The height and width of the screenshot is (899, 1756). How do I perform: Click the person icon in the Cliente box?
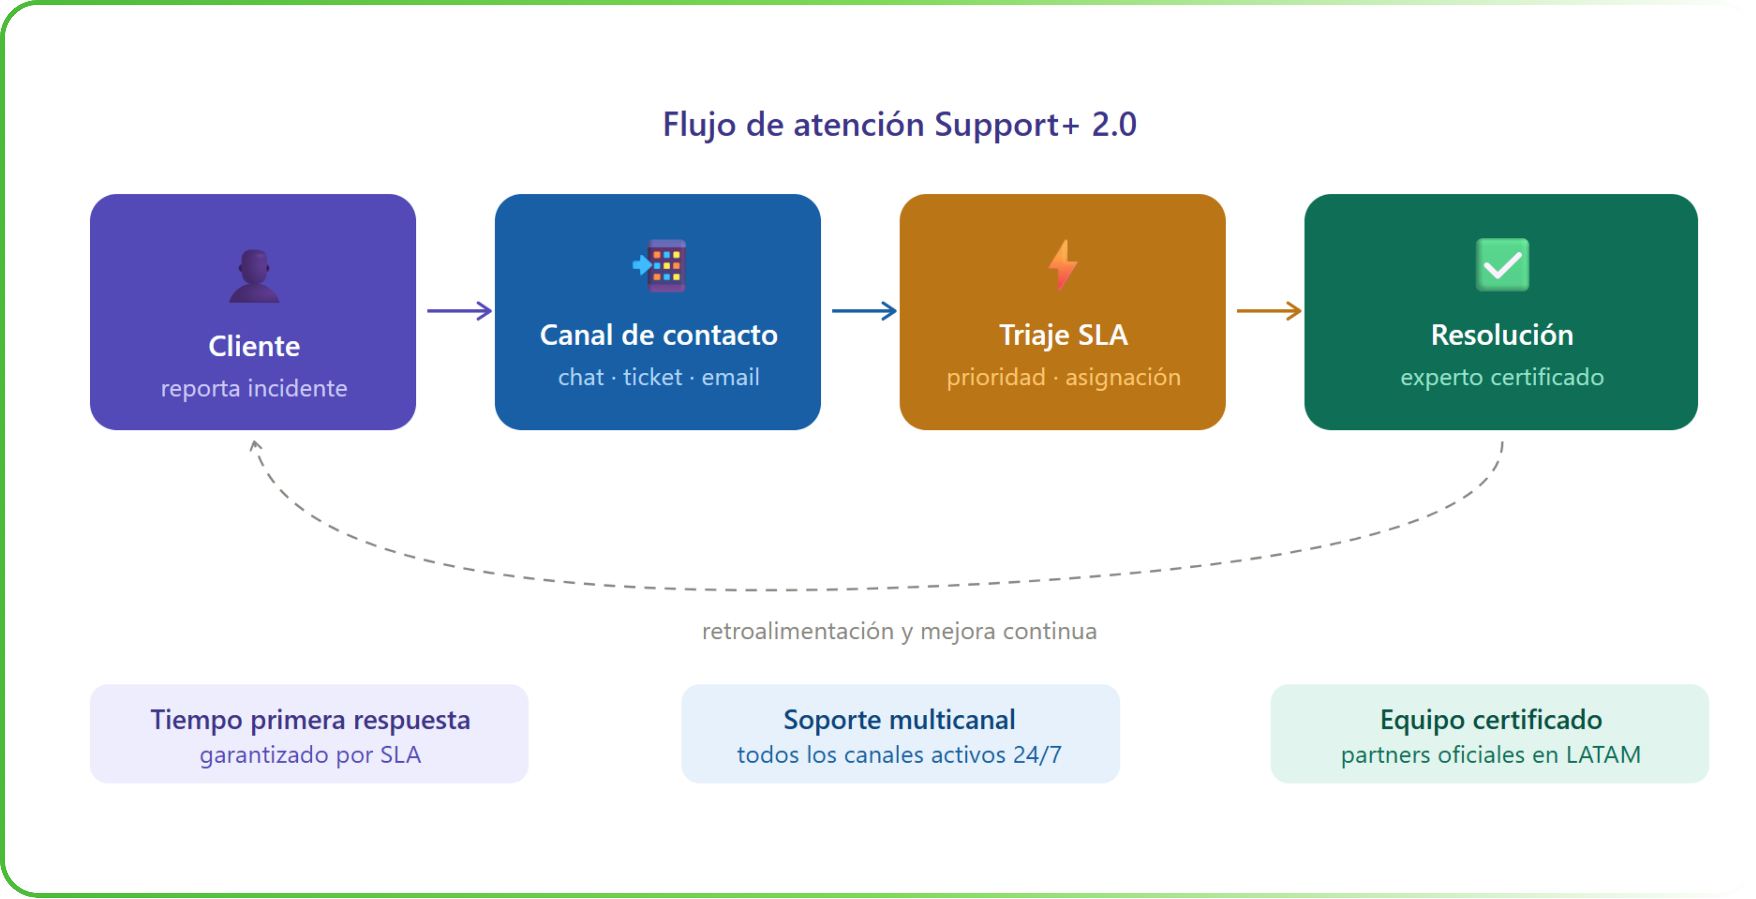(254, 276)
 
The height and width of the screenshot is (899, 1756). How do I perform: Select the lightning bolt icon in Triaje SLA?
(1063, 265)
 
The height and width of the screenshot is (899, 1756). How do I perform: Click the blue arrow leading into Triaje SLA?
(864, 311)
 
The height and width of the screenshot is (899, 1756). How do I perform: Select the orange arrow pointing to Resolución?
(1268, 311)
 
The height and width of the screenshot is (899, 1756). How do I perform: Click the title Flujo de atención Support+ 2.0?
(899, 125)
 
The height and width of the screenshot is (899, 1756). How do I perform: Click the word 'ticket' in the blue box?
(653, 377)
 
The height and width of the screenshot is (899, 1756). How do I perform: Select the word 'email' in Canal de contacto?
(730, 377)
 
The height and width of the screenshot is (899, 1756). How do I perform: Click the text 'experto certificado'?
(1502, 377)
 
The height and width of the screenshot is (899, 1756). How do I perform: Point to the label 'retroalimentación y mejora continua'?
(899, 631)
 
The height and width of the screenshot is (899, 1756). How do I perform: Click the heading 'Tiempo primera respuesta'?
(310, 720)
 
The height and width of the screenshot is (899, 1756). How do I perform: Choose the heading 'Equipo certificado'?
(1491, 720)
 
